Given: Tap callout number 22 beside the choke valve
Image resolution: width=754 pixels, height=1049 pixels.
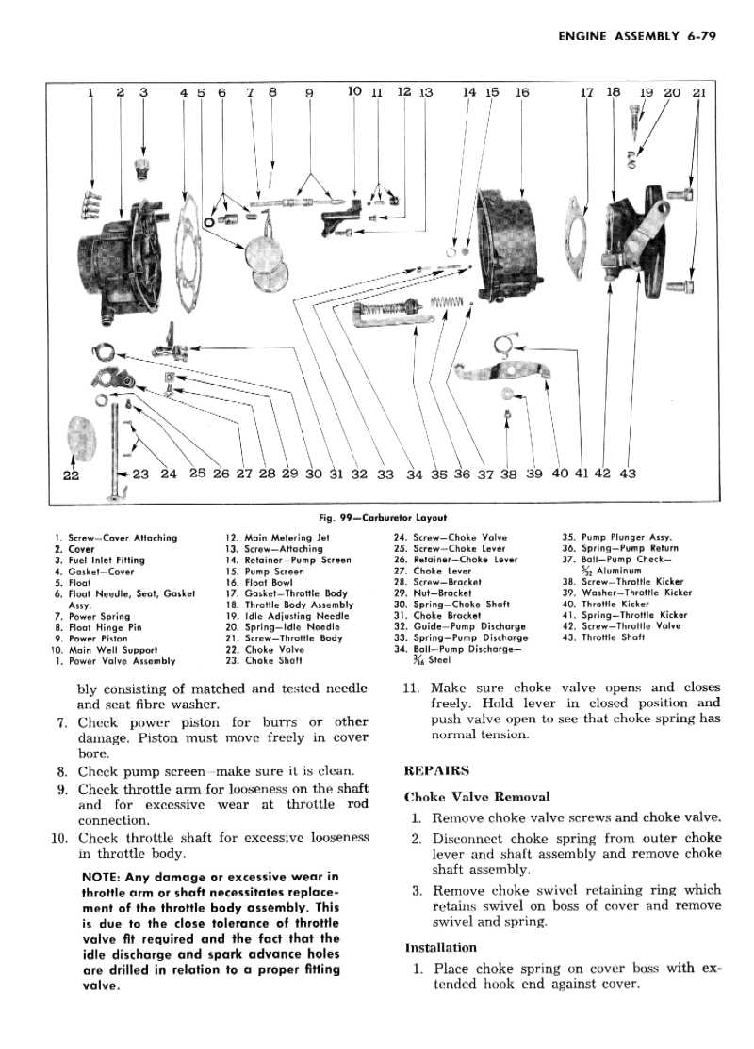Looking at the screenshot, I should pos(71,476).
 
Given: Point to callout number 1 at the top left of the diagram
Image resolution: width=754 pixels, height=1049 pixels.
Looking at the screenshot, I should pos(90,92).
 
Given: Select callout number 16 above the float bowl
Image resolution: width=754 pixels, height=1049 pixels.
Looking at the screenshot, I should pos(522,92).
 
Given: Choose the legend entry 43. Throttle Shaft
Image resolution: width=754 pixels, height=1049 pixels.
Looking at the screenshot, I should pos(602,637).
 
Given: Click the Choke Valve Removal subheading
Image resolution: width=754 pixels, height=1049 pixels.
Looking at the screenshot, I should pos(477,797).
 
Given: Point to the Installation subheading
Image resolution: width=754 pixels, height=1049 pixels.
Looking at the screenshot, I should pos(441,947).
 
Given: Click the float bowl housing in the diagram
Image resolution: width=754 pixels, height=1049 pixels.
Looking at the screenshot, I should pos(509,235).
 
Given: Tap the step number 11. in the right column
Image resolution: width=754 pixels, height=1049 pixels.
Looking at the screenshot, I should pos(412,687).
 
